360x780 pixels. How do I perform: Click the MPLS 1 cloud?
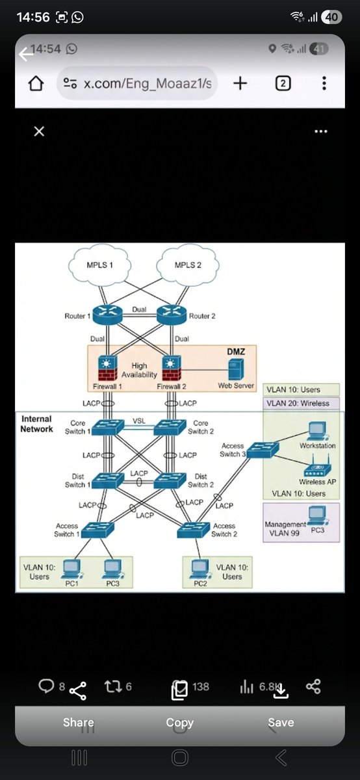[100, 265]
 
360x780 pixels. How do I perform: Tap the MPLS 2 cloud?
[188, 265]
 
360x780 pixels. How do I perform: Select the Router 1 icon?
[108, 315]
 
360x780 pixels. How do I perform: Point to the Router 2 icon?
[172, 315]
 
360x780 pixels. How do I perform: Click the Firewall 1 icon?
[108, 368]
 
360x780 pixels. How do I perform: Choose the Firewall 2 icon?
[172, 368]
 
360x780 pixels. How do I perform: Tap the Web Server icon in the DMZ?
[236, 369]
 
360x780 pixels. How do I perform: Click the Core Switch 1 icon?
[108, 427]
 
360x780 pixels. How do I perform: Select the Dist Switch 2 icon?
[170, 480]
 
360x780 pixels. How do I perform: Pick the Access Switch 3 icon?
[263, 450]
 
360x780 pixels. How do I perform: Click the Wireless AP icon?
[317, 467]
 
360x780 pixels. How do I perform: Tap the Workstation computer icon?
[318, 431]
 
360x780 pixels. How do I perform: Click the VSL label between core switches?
[139, 421]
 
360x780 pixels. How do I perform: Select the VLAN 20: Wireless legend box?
[301, 403]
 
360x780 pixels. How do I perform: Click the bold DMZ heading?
[236, 352]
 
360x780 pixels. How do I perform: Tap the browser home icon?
[36, 83]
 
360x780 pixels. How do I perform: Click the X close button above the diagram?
[39, 131]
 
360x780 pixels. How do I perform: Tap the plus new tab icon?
[240, 83]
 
